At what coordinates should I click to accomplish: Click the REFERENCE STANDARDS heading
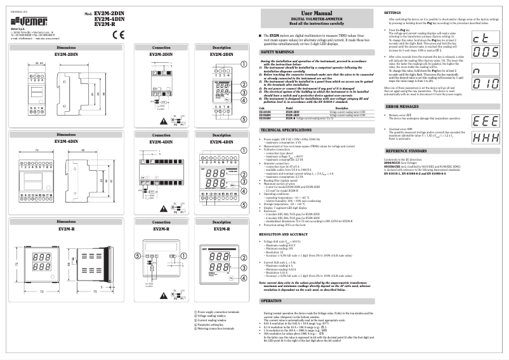408,150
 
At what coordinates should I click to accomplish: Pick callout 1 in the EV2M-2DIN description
244,63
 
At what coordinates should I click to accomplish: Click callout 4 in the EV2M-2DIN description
244,100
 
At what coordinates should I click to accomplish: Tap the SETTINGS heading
397,13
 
